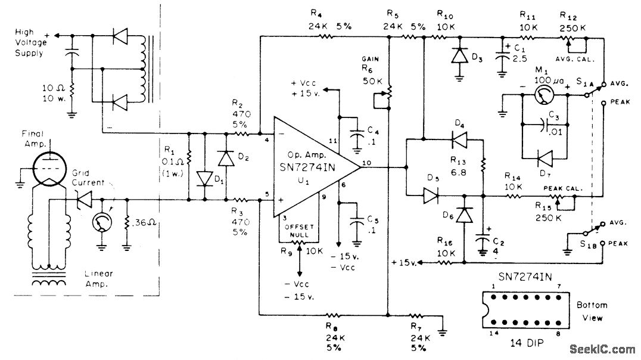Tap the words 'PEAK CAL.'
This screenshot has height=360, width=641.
click(562, 188)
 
